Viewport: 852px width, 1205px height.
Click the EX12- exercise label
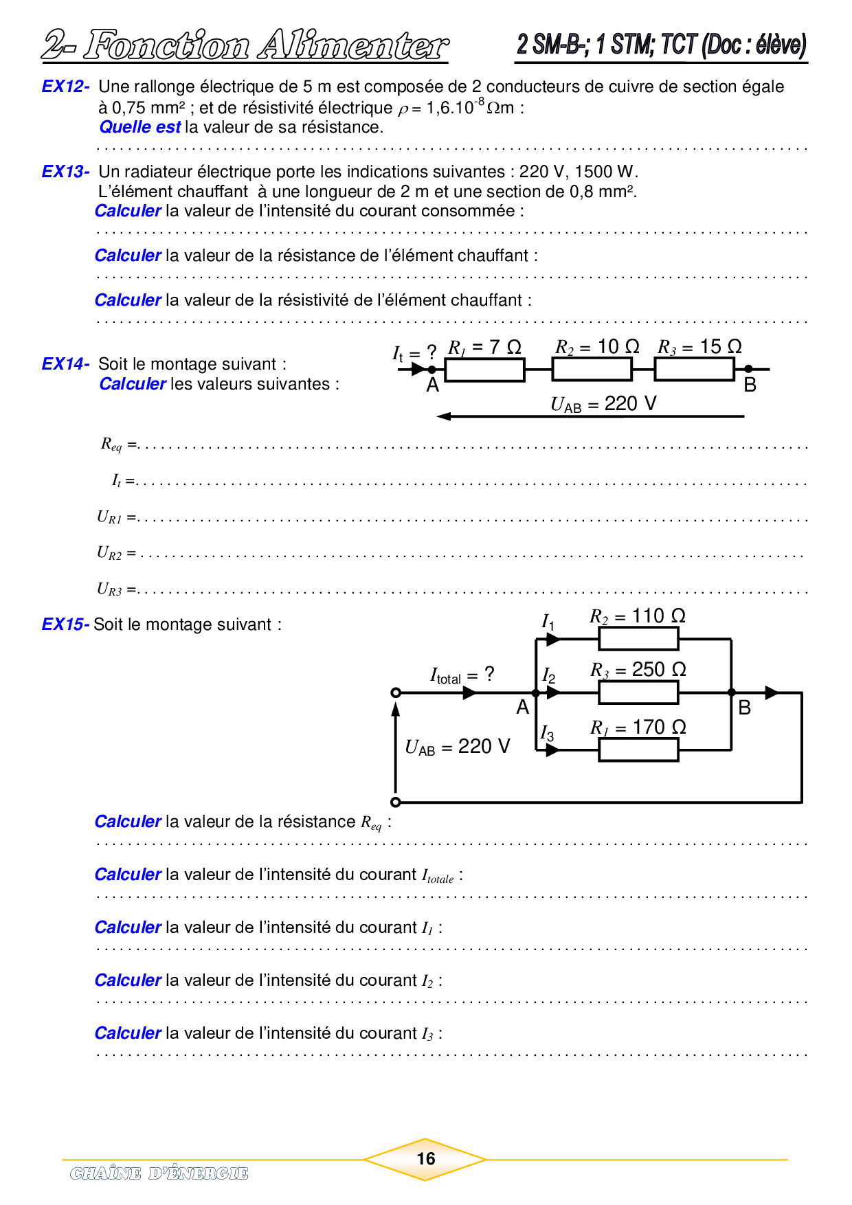click(65, 87)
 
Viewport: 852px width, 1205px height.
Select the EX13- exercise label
click(65, 172)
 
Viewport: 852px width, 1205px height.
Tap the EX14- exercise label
click(65, 364)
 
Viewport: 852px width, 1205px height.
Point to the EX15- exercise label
click(65, 624)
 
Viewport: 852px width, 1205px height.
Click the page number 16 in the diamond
click(426, 1159)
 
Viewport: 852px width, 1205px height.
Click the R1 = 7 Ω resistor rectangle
click(484, 370)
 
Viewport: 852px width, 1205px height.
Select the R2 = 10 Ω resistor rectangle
click(592, 370)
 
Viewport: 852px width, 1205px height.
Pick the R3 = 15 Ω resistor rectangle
click(694, 370)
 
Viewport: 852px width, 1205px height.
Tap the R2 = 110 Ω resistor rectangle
click(638, 639)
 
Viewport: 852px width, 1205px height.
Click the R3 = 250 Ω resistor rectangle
click(638, 692)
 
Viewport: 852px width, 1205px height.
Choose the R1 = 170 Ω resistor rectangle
click(638, 750)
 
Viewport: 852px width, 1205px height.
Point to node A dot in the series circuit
click(431, 370)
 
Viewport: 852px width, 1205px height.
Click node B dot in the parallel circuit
click(732, 692)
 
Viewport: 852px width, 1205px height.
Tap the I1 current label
click(548, 622)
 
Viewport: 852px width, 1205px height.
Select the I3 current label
click(547, 734)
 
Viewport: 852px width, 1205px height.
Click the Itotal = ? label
click(462, 675)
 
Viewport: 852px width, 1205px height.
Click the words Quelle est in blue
click(140, 127)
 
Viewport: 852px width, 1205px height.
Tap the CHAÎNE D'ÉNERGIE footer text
click(159, 1173)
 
